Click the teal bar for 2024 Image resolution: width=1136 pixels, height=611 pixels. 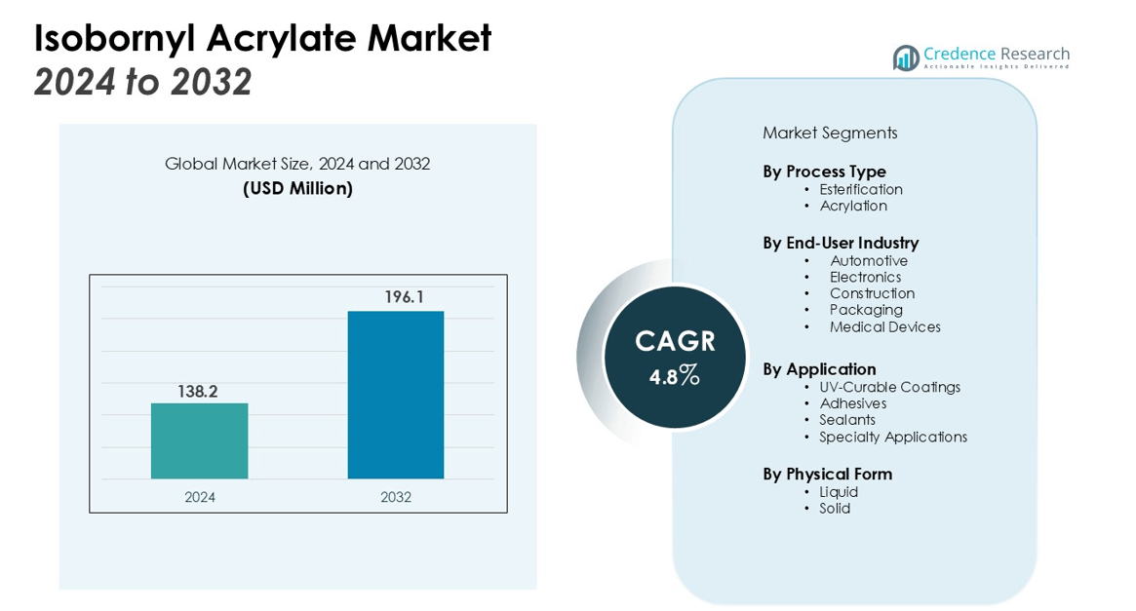point(199,440)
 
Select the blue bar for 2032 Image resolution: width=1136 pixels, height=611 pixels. point(396,395)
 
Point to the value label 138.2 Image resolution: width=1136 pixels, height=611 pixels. point(197,392)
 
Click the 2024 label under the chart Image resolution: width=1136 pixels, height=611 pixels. point(200,497)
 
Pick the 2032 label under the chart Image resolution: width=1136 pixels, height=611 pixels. point(396,497)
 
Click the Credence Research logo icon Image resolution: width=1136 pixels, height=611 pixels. point(906,57)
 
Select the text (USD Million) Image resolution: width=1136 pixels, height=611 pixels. point(297,188)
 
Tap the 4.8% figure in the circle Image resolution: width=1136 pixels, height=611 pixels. point(675,375)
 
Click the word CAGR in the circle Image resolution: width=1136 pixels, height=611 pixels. point(675,341)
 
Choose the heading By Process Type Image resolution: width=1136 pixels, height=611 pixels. point(824,172)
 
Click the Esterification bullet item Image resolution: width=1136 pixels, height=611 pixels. point(861,189)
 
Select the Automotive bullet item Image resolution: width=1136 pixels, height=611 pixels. point(869,261)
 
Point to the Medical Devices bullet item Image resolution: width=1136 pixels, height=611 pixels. point(885,327)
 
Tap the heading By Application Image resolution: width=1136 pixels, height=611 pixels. point(819,369)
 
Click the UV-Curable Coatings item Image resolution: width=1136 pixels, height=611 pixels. point(889,387)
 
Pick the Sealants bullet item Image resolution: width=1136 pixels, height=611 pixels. point(847,420)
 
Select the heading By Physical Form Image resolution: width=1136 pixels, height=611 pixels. point(827,475)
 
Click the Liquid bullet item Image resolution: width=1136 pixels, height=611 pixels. point(839,492)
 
